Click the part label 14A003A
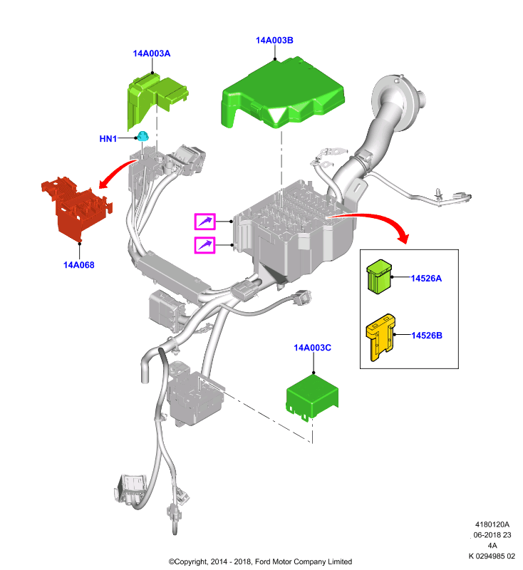point(152,53)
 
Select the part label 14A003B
point(274,41)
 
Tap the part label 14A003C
point(313,348)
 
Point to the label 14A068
point(79,265)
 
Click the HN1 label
point(108,138)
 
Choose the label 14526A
point(426,279)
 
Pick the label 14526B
point(427,336)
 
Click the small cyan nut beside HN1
point(143,136)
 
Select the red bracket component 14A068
point(76,209)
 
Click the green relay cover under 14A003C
point(313,396)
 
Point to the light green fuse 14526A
point(379,276)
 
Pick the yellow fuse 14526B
point(380,337)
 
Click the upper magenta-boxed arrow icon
point(205,222)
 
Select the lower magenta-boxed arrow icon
point(205,245)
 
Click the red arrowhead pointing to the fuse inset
point(404,237)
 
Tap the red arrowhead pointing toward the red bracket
point(104,183)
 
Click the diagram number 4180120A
point(492,524)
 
